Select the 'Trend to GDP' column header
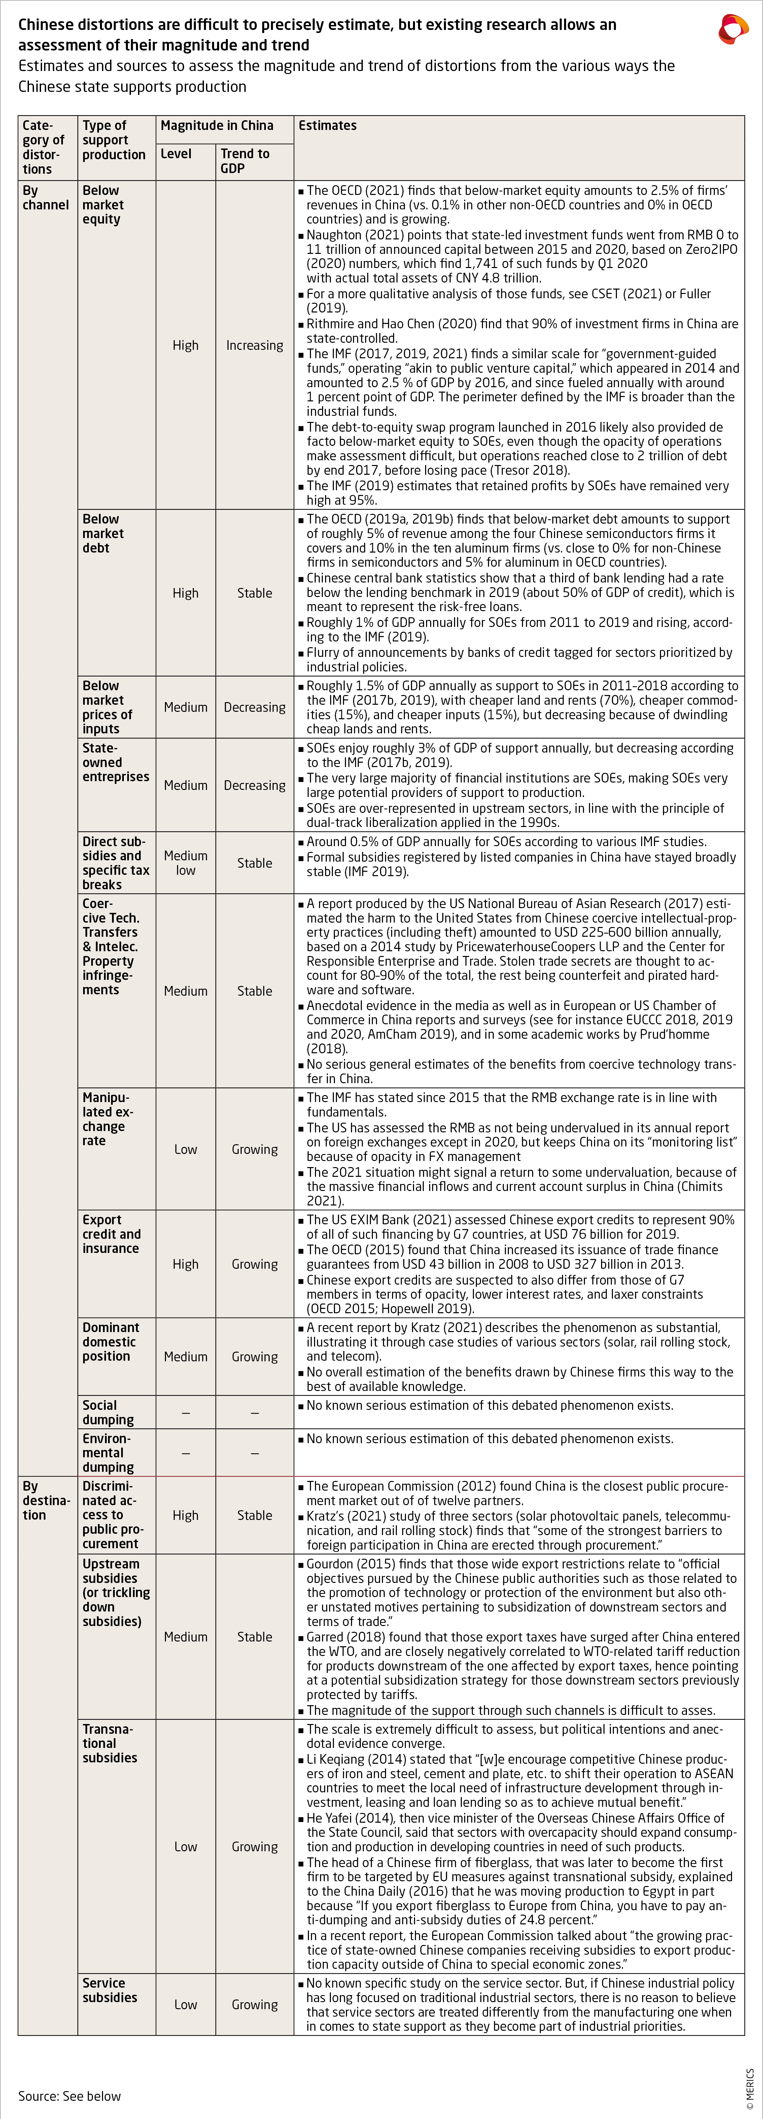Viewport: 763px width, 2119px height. click(x=244, y=160)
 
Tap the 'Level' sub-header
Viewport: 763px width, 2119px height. click(x=176, y=154)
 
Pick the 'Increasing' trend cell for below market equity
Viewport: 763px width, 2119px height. click(x=254, y=345)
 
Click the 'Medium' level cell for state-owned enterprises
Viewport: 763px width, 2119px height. click(x=185, y=786)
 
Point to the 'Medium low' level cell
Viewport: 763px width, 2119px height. click(x=185, y=863)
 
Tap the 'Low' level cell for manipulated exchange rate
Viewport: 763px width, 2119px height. click(x=185, y=1149)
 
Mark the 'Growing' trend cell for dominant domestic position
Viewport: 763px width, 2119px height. click(x=254, y=1356)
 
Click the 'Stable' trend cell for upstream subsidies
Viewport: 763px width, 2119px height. click(x=254, y=1637)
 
